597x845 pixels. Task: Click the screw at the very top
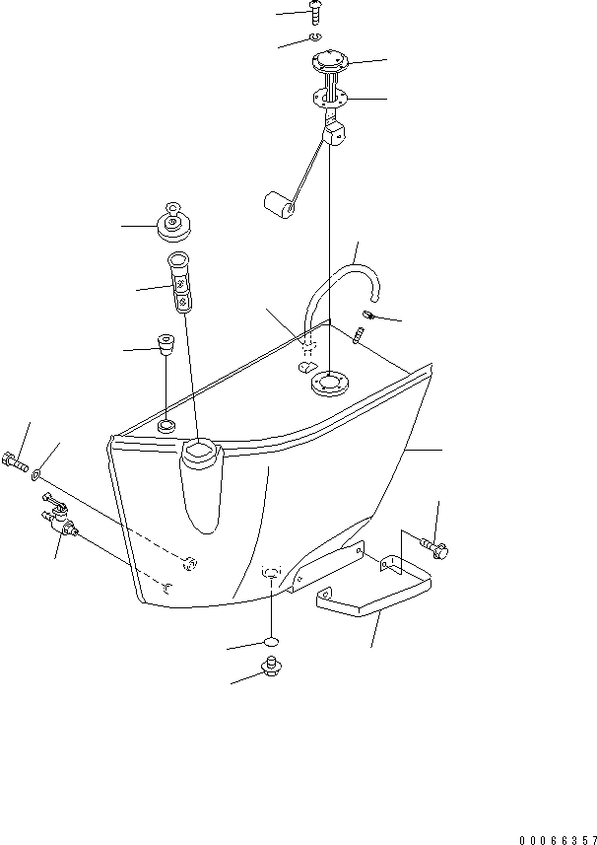tap(315, 13)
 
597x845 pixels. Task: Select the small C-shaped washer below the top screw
tap(315, 36)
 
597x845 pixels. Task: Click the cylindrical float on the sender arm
tap(278, 206)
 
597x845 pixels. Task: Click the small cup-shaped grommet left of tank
tap(166, 344)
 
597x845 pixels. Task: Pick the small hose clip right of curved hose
tap(368, 315)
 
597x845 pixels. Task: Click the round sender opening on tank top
tap(329, 384)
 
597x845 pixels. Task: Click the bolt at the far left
tap(16, 461)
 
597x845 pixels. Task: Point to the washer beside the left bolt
tap(36, 475)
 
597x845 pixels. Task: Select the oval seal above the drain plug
tap(271, 641)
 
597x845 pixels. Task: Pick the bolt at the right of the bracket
tap(436, 547)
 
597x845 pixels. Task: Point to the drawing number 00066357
tap(558, 840)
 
